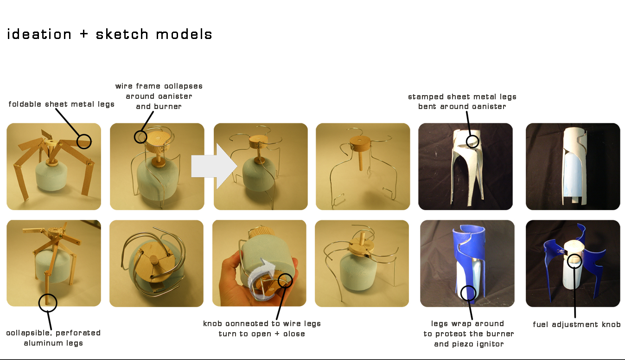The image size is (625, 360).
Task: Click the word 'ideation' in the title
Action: pos(39,34)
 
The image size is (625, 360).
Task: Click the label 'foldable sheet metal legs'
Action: pos(62,104)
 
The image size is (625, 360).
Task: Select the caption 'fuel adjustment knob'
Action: pos(577,325)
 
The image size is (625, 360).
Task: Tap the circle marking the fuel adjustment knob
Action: pos(574,260)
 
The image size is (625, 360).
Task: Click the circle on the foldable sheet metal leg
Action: pos(84,141)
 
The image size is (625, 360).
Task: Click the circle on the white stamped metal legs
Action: pos(472,141)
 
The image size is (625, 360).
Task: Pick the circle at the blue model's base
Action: pos(469,293)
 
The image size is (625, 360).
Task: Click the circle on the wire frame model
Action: pos(140,137)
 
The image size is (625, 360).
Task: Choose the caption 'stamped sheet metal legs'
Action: pos(462,97)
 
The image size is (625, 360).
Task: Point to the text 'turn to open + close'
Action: pos(262,334)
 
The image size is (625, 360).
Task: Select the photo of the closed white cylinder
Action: pos(573,166)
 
